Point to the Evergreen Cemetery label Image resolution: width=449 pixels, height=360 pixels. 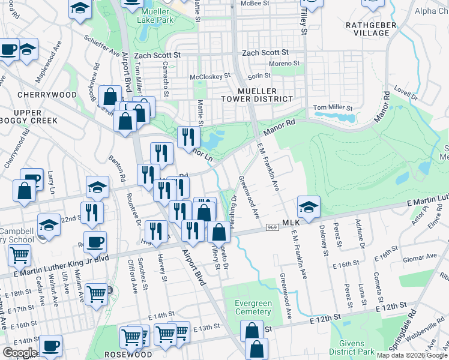click(253, 307)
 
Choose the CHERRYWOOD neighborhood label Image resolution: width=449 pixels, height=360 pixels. click(47, 95)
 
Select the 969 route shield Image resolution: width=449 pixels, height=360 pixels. click(271, 228)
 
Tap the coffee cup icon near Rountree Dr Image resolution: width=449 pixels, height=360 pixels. click(95, 243)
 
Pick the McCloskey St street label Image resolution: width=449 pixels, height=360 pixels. click(210, 77)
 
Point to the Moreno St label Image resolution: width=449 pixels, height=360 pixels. click(284, 64)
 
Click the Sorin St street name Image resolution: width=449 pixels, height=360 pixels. click(259, 76)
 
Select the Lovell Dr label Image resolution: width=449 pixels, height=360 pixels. click(406, 92)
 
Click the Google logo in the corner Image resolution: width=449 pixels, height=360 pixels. click(20, 353)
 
